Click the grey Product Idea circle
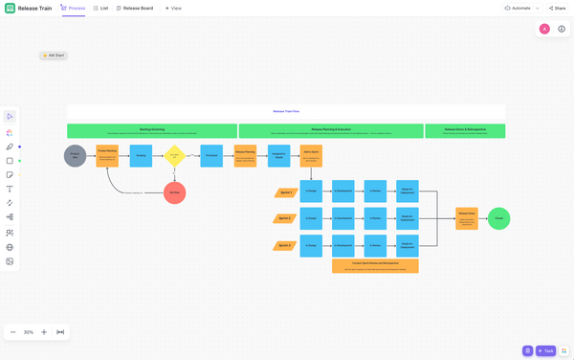pos(75,155)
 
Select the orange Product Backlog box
pos(107,155)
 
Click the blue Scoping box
pos(141,155)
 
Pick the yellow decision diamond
pos(174,155)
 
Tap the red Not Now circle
pos(174,192)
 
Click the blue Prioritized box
pos(211,155)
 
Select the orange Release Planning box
pos(245,155)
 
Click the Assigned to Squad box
pos(278,155)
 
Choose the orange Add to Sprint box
pos(311,155)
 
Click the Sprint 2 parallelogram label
pos(284,218)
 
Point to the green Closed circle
pos(498,218)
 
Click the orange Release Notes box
pos(467,218)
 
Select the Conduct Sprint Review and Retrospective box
pos(375,265)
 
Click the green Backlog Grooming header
pos(152,130)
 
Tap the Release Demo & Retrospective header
pos(465,130)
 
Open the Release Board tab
pos(135,8)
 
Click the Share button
pos(557,8)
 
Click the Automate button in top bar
pos(518,8)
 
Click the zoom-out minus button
pos(13,332)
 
